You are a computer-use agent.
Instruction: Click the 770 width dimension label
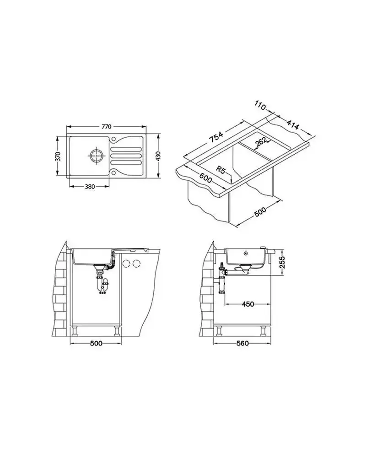pyautogui.click(x=106, y=127)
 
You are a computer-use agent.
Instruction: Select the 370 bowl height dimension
pyautogui.click(x=58, y=156)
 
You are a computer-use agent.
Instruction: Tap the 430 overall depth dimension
pyautogui.click(x=158, y=156)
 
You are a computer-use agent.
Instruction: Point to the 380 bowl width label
pyautogui.click(x=90, y=187)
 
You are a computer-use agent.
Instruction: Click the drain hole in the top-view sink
pyautogui.click(x=96, y=156)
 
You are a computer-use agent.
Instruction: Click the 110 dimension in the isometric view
pyautogui.click(x=260, y=106)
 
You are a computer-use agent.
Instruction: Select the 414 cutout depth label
pyautogui.click(x=292, y=124)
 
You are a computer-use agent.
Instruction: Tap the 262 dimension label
pyautogui.click(x=261, y=142)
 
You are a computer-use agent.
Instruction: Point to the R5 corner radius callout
pyautogui.click(x=221, y=170)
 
